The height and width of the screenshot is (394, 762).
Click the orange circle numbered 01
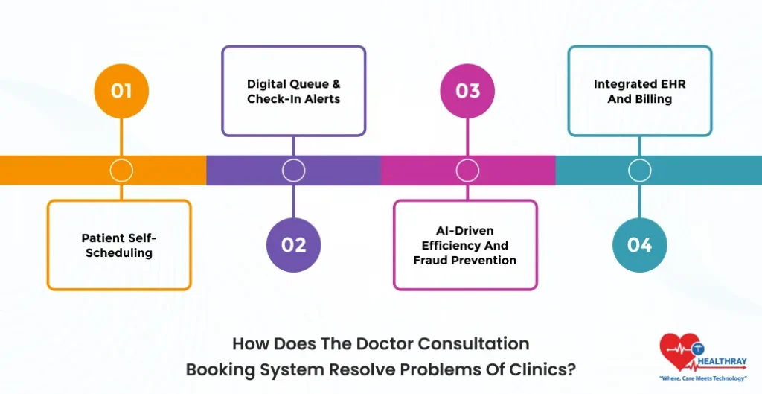point(121,92)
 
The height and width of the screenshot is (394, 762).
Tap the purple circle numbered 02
point(294,245)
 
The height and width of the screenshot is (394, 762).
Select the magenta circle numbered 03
point(467,92)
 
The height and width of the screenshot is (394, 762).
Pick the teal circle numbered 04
point(639,245)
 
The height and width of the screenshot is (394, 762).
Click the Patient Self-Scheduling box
point(119,245)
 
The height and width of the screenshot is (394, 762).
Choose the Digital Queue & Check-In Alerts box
point(294,92)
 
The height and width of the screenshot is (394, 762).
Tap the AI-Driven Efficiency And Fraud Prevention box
point(465,245)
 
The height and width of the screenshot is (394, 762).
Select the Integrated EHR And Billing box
point(640,92)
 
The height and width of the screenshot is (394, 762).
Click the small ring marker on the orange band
point(121,171)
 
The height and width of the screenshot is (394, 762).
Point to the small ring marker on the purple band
point(294,171)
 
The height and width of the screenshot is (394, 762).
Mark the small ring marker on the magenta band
point(467,171)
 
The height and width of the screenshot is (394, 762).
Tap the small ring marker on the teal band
point(639,171)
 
